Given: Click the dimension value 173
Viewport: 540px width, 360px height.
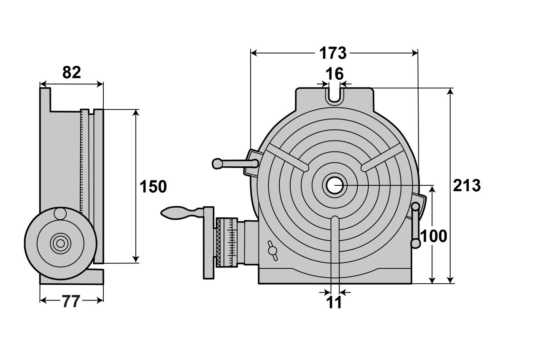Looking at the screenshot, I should click(333, 53).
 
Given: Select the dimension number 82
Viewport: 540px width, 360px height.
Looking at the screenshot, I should click(71, 73).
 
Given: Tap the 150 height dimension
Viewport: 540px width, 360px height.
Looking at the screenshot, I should click(153, 187).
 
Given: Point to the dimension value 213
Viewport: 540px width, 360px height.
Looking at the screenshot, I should click(467, 186).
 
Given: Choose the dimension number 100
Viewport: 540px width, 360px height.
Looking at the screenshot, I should click(434, 236).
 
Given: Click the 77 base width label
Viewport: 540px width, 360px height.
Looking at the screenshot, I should click(71, 301).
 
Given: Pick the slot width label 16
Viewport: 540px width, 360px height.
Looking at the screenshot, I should click(335, 74).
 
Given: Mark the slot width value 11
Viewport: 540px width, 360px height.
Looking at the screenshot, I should click(335, 303).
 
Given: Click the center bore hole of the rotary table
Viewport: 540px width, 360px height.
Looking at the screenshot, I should click(335, 185).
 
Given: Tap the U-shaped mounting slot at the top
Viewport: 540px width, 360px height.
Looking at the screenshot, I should click(335, 95).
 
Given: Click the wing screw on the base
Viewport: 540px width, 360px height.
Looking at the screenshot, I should click(273, 251).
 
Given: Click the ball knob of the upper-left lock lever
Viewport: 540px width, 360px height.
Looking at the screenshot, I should click(217, 163).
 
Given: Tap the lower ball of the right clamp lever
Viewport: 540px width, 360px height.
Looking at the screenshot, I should click(416, 244).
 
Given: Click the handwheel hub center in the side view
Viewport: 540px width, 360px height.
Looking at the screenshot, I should click(60, 243).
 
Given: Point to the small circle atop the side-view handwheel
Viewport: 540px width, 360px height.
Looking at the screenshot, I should click(60, 214).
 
